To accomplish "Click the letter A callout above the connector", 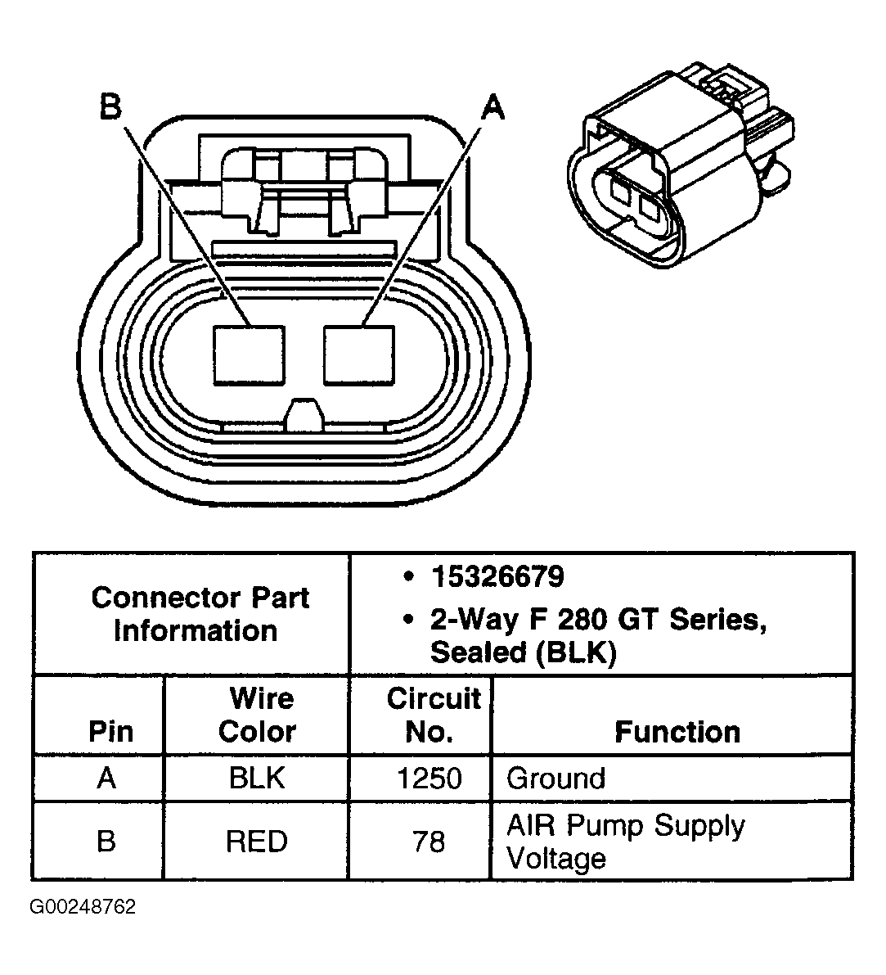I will coord(492,107).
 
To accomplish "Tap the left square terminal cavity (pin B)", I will coord(250,354).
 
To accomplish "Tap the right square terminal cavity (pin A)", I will coord(358,354).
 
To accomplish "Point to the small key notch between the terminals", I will coord(304,413).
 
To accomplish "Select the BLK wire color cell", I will coord(257,778).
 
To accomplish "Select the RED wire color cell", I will coord(257,842).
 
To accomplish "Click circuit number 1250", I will coord(429,778).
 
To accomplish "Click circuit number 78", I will coord(429,842).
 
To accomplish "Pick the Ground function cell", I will coord(555,778).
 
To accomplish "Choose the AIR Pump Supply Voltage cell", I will coord(625,842).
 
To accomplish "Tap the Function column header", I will coord(677,731).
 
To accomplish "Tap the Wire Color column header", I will coord(257,715).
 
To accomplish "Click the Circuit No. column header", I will coord(433,715).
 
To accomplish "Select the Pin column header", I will coord(110,731).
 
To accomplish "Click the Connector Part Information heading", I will coord(200,614).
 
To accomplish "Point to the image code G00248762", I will coord(83,907).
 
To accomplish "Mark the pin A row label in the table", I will coord(106,778).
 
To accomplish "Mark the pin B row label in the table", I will coord(106,842).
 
